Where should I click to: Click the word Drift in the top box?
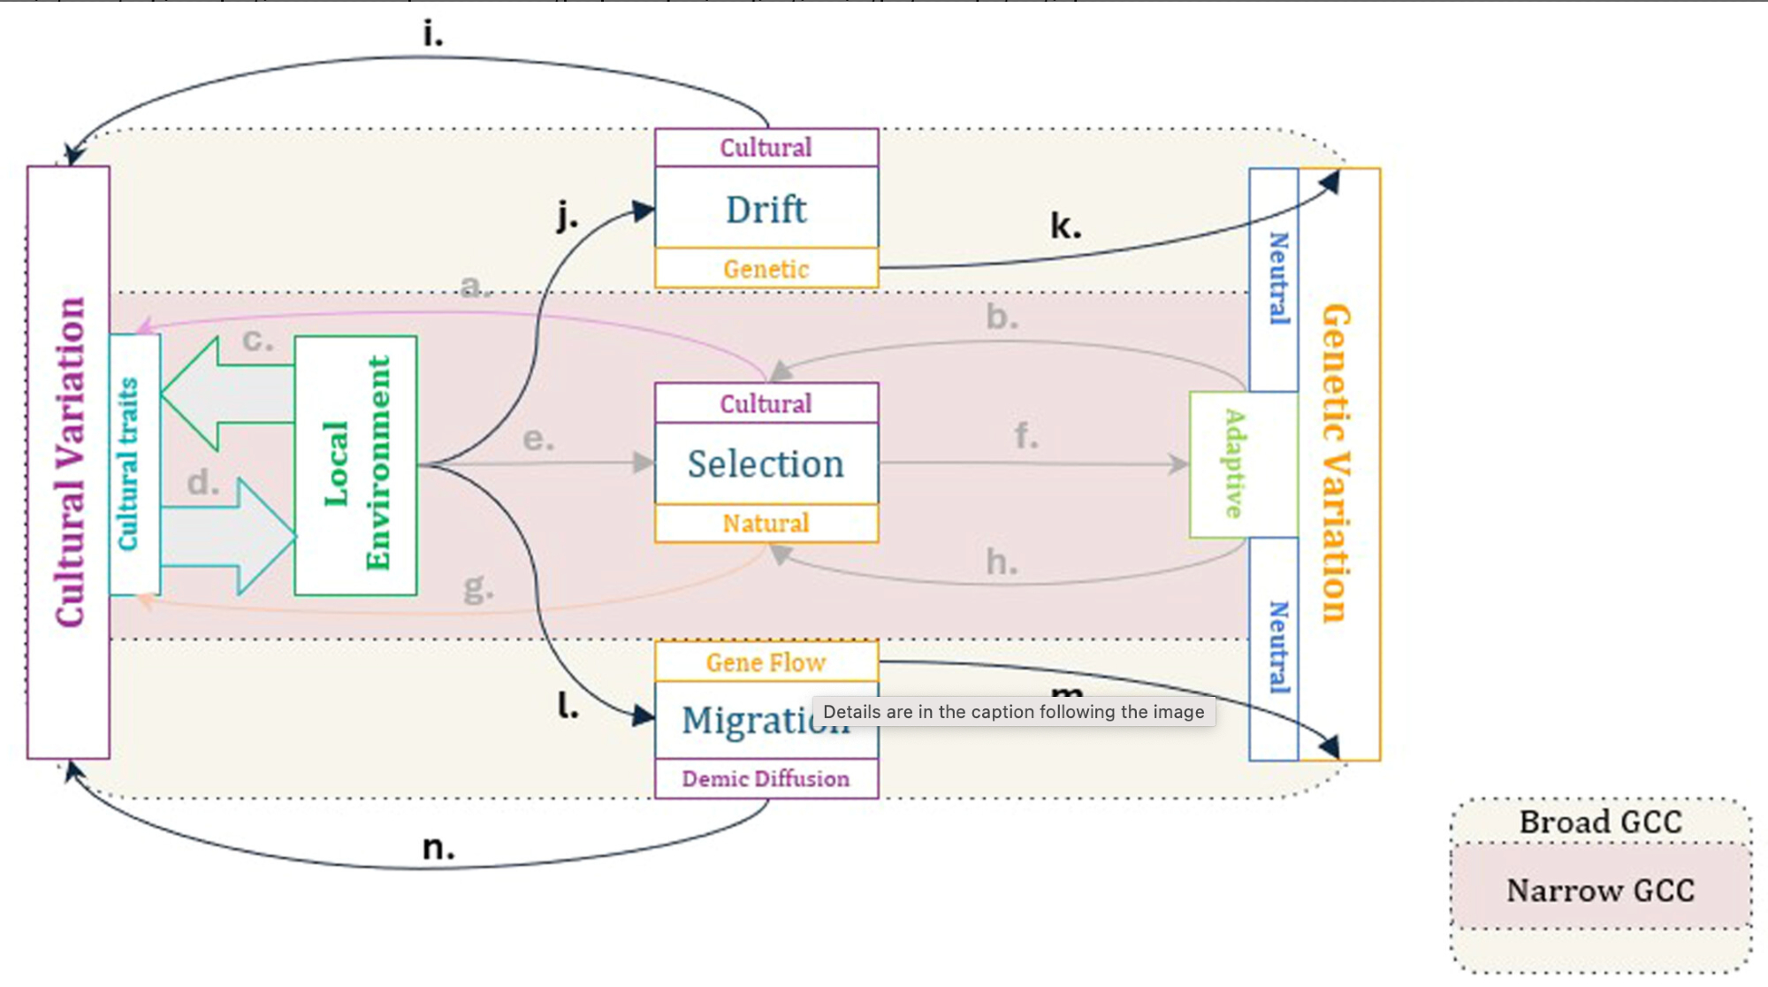766,210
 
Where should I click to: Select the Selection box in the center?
766,463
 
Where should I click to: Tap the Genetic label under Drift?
766,269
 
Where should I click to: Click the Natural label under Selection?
766,524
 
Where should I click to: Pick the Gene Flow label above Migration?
766,662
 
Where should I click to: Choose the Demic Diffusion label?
766,779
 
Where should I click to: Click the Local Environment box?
355,465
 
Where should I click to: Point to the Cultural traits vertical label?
129,464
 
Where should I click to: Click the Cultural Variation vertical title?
69,463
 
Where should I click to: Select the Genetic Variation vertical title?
1336,463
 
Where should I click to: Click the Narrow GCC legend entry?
1600,891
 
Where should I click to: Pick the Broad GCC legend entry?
1600,822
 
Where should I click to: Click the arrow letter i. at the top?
432,34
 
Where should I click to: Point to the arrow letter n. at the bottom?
438,848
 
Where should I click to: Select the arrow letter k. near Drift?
1065,226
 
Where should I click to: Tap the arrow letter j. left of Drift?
567,215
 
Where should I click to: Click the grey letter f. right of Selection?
1025,436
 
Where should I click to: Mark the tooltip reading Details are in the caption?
1013,712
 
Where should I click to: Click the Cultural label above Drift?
766,148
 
